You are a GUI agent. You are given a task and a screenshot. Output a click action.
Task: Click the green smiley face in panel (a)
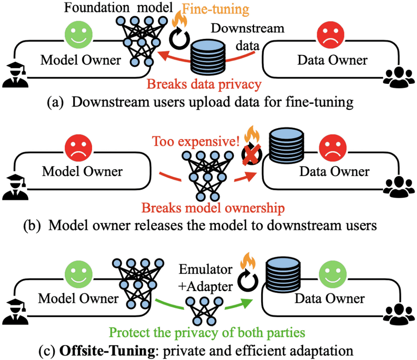tap(79, 35)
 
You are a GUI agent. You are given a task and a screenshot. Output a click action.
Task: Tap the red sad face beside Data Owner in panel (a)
tap(331, 35)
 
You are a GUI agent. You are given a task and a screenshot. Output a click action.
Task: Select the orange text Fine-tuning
tap(215, 9)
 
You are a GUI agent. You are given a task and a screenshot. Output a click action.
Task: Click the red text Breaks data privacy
tap(204, 84)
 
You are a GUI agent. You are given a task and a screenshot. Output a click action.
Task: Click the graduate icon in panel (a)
tap(15, 75)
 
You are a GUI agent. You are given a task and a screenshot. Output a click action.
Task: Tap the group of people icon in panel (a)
tap(399, 78)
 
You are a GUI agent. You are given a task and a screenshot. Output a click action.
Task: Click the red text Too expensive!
tap(196, 141)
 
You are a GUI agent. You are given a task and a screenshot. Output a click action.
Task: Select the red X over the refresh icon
tap(251, 154)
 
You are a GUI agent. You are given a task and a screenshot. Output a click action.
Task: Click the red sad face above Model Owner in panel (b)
tap(79, 148)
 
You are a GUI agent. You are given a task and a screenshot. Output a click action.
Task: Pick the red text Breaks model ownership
tap(213, 208)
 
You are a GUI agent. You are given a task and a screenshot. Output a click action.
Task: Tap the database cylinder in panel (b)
tap(286, 146)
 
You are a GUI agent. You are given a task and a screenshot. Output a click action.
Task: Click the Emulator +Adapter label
tap(205, 278)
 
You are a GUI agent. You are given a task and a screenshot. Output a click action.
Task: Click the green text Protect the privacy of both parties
tap(207, 333)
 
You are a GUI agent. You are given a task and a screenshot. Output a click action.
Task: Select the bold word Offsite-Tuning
tap(107, 351)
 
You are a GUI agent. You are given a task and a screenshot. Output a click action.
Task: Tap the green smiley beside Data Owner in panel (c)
tap(333, 275)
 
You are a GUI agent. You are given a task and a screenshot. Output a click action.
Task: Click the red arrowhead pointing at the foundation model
tap(163, 55)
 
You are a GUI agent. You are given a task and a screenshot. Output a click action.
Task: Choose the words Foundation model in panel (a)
tap(119, 7)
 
